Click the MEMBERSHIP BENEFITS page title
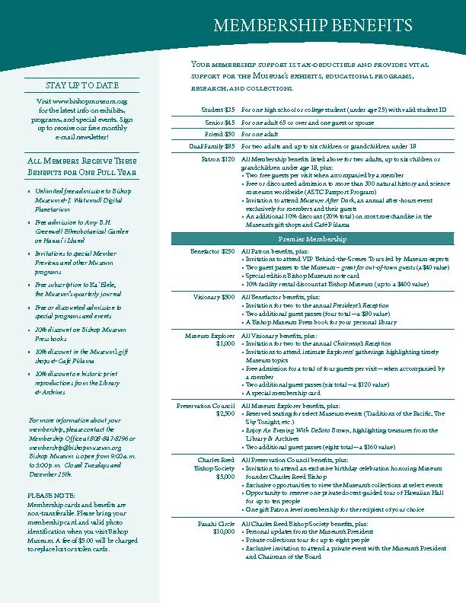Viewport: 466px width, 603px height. pyautogui.click(x=314, y=26)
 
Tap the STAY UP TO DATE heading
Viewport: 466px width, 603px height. pyautogui.click(x=82, y=85)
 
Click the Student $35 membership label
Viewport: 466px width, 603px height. pyautogui.click(x=218, y=110)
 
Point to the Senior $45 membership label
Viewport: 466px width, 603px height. pyautogui.click(x=219, y=122)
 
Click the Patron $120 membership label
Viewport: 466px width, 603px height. pyautogui.click(x=218, y=159)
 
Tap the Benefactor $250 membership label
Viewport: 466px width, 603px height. pyautogui.click(x=212, y=251)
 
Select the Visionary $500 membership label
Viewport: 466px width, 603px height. pyautogui.click(x=214, y=297)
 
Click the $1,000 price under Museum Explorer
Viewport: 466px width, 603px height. pyautogui.click(x=225, y=343)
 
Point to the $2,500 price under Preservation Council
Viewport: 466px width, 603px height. pyautogui.click(x=225, y=414)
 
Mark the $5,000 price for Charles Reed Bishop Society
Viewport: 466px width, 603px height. pyautogui.click(x=225, y=477)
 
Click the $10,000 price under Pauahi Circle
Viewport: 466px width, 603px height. pyautogui.click(x=224, y=532)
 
